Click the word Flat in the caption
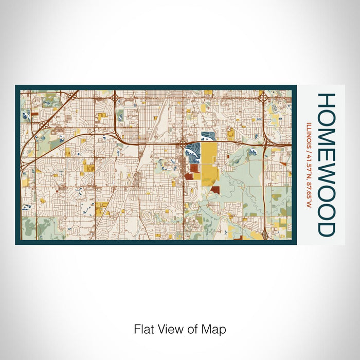[x=143, y=329]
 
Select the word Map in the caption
[x=217, y=329]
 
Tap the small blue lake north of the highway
[x=207, y=136]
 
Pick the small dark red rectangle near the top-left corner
[x=34, y=115]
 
